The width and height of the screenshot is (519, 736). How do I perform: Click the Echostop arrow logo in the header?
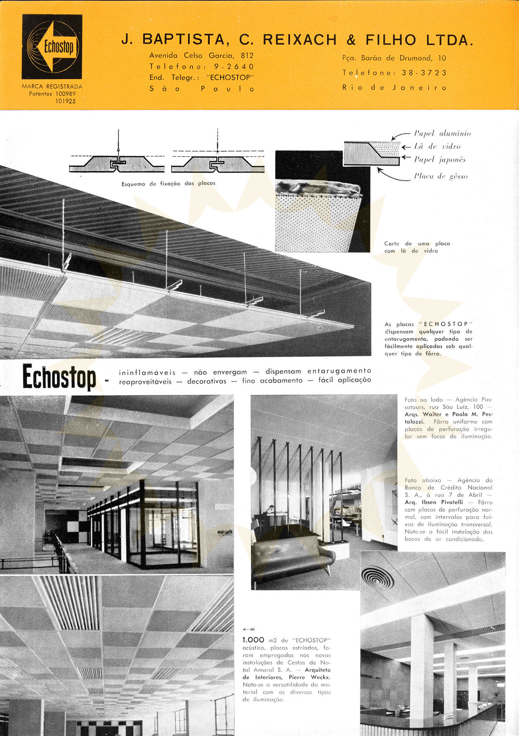52,46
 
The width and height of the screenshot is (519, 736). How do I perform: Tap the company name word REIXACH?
300,40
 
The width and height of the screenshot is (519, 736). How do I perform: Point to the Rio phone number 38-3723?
424,73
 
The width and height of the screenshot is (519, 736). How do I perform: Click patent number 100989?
65,94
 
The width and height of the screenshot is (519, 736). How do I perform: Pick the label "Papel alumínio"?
442,134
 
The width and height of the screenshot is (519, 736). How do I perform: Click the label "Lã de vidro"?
437,147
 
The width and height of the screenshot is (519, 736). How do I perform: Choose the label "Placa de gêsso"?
441,176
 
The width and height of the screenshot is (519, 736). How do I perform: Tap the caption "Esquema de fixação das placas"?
168,183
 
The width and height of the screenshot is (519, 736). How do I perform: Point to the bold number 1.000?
253,640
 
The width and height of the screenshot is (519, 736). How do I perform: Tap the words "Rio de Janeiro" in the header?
394,87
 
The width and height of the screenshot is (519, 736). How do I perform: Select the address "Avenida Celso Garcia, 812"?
201,55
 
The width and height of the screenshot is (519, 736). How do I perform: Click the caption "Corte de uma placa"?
417,243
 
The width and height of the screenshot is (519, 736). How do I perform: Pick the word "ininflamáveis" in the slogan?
147,372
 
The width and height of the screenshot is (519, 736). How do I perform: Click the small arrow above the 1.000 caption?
249,629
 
